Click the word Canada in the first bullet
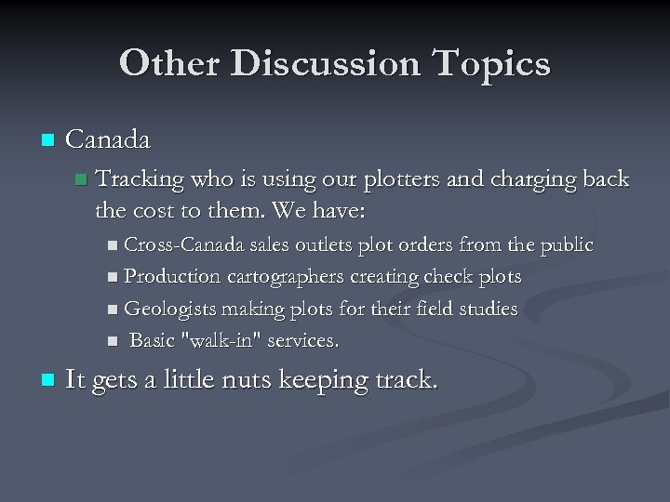[109, 140]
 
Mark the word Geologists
[169, 309]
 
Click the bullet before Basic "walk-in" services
[112, 341]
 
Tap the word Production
[172, 277]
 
